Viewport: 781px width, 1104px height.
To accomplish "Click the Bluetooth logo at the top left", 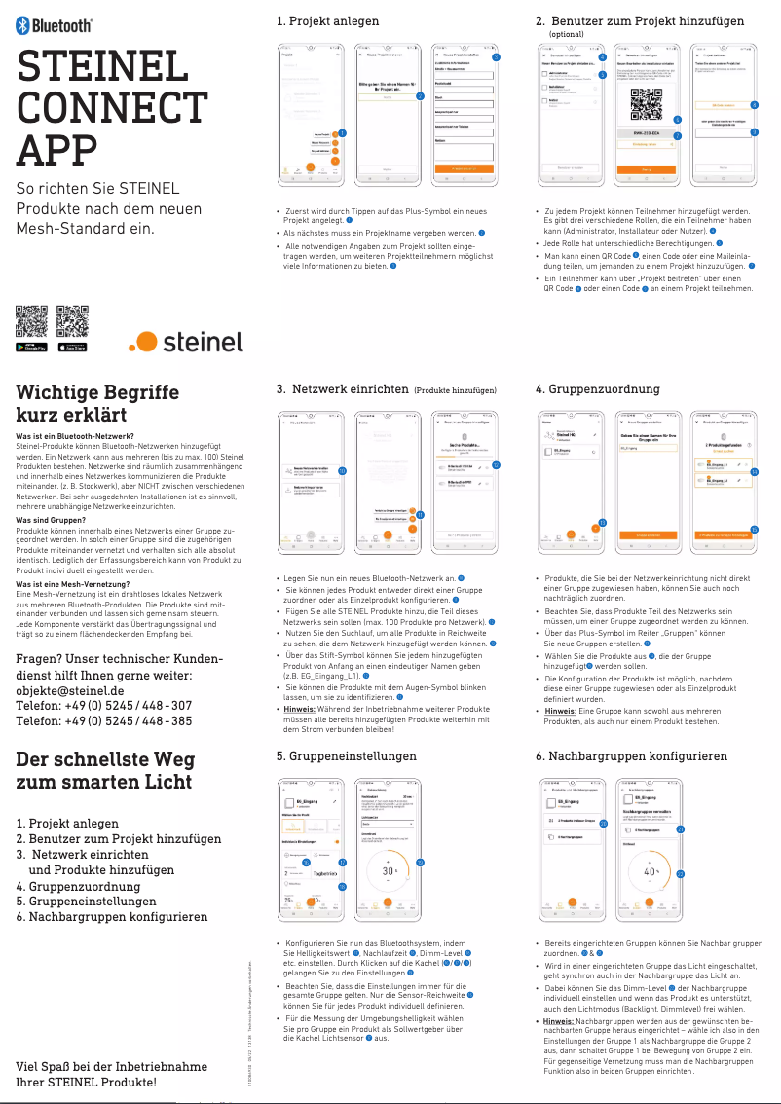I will coord(56,27).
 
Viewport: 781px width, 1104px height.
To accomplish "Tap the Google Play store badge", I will coord(32,347).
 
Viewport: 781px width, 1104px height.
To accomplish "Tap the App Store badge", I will coord(73,347).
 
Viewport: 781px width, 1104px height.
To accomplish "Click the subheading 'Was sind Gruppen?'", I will coord(56,521).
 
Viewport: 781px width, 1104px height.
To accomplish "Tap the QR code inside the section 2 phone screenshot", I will coord(640,101).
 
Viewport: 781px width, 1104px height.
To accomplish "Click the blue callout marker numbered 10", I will coord(342,470).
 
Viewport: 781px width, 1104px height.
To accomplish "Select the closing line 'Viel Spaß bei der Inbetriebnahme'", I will coord(111,1067).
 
